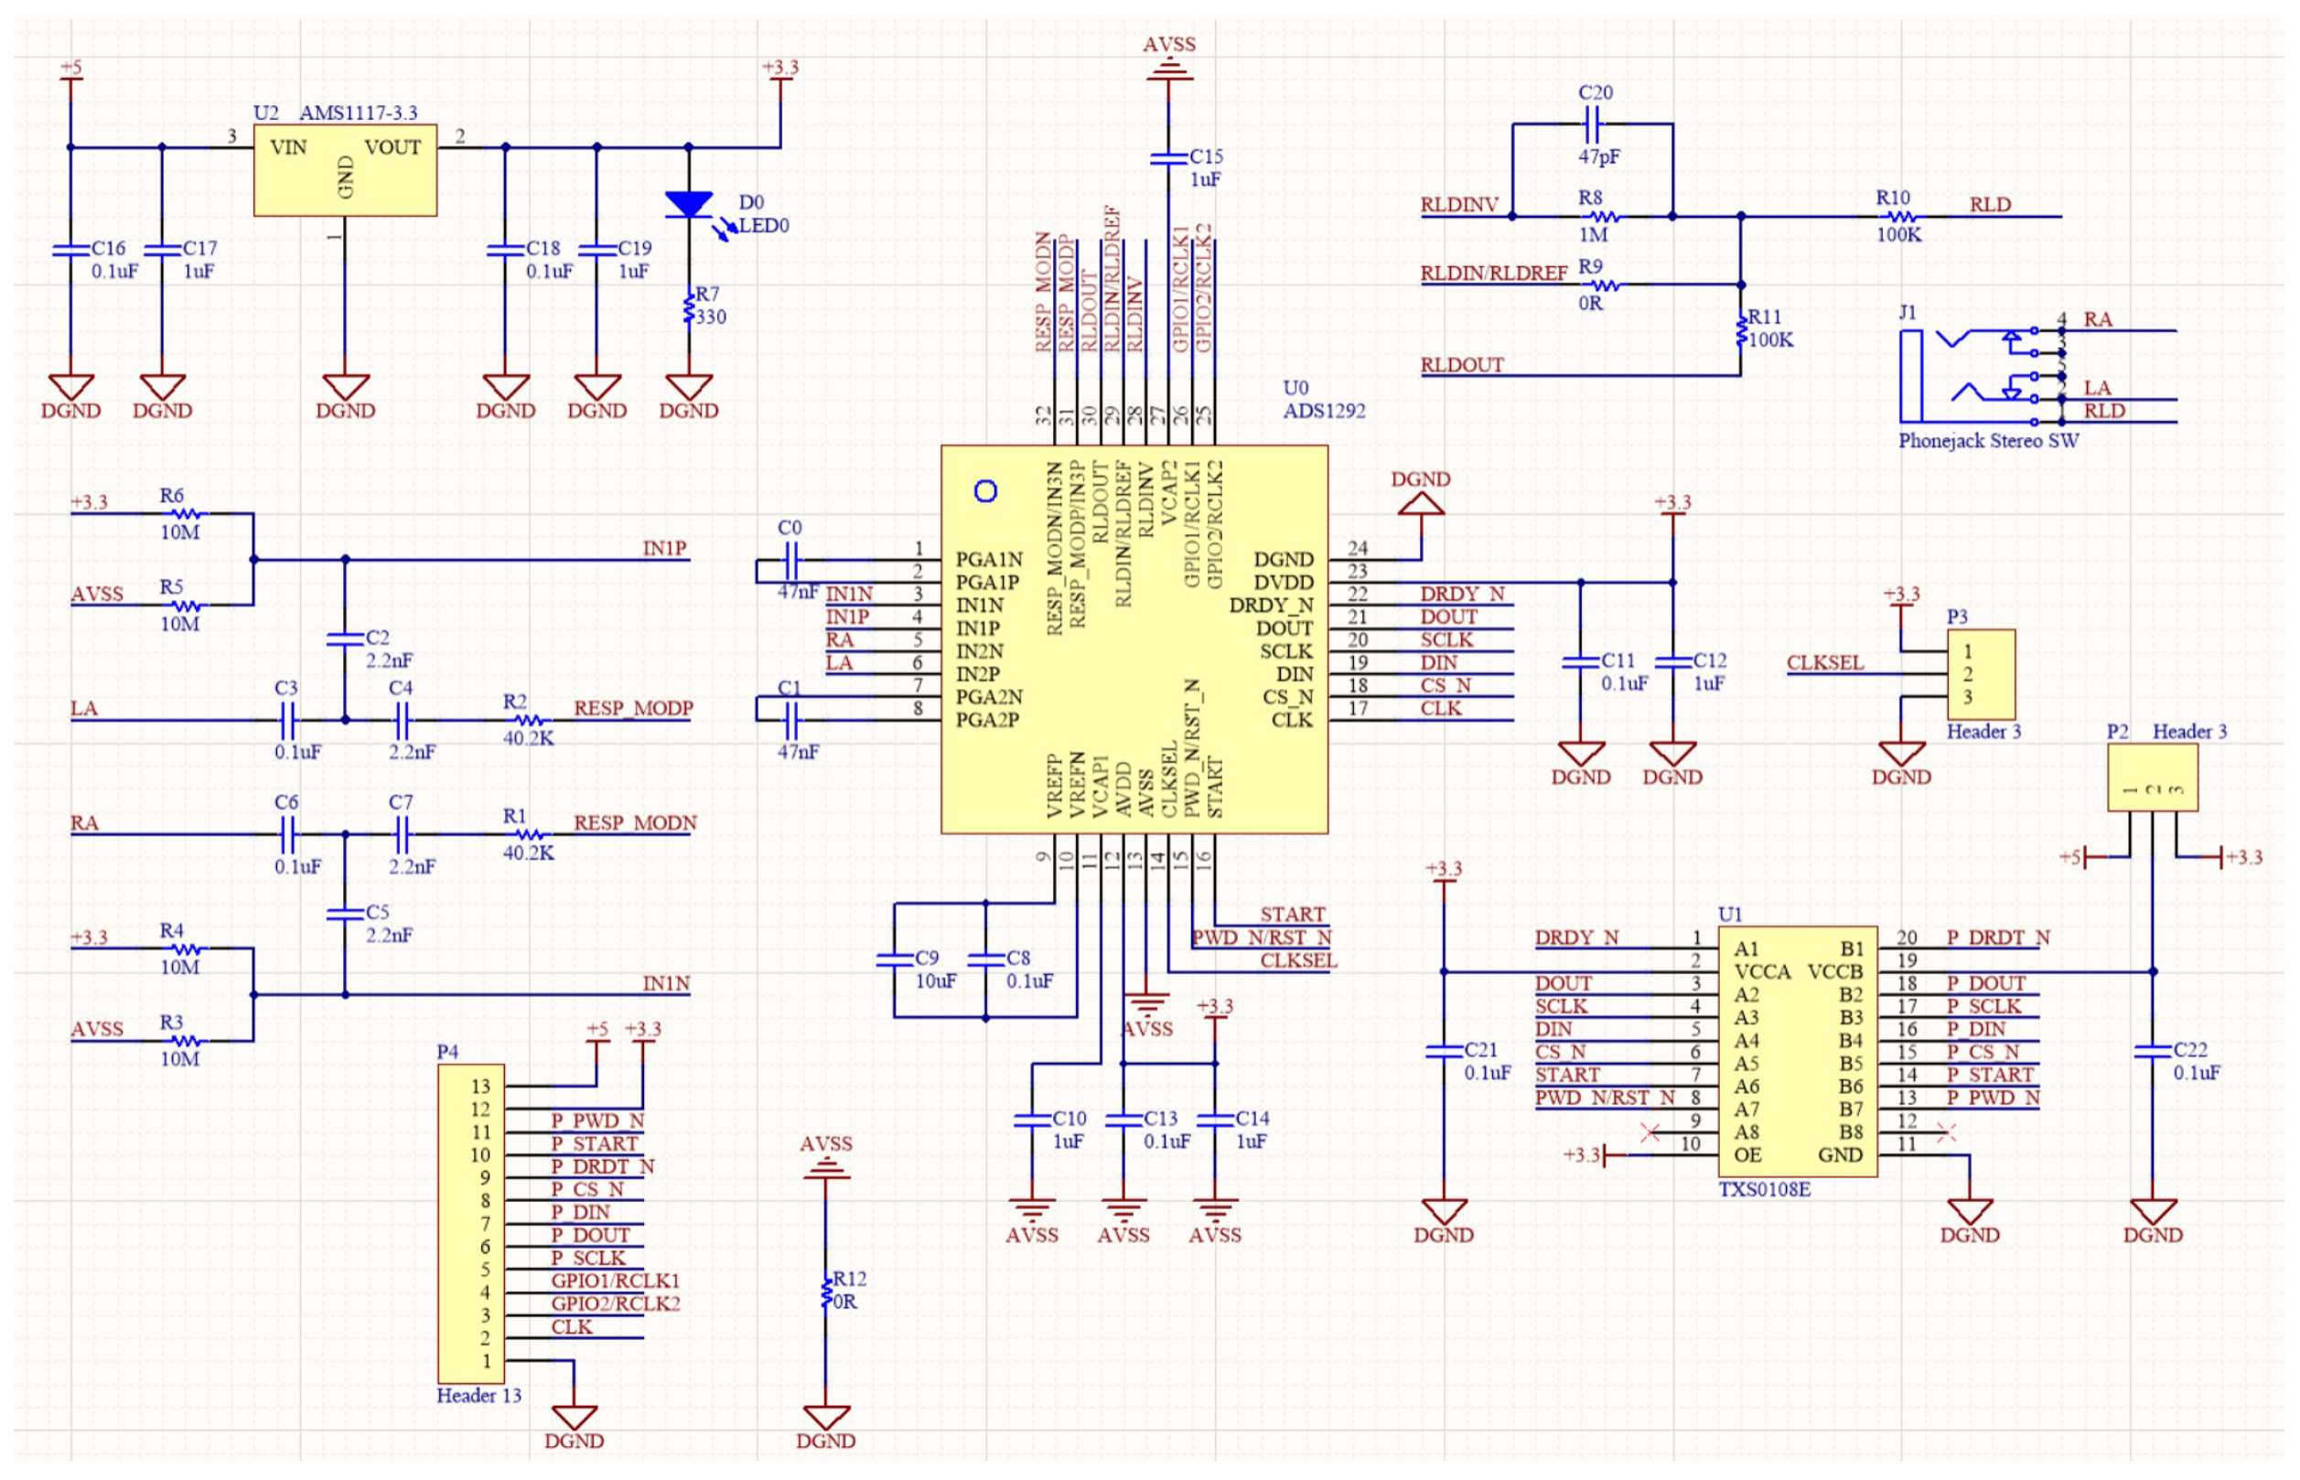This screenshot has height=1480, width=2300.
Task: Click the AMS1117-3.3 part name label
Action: pyautogui.click(x=358, y=113)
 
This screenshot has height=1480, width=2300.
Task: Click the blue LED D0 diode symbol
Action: pyautogui.click(x=688, y=205)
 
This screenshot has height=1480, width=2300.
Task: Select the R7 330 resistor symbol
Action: pyautogui.click(x=688, y=309)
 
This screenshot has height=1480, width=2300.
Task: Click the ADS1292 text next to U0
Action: pyautogui.click(x=1324, y=412)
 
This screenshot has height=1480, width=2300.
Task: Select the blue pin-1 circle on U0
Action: pyautogui.click(x=985, y=492)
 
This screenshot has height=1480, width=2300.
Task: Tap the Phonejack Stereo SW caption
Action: pyautogui.click(x=1987, y=441)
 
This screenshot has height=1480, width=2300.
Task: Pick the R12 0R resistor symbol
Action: pyautogui.click(x=825, y=1292)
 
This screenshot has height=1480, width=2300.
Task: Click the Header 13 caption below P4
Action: pyautogui.click(x=478, y=1397)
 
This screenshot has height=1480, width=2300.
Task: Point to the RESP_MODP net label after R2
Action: pyautogui.click(x=633, y=708)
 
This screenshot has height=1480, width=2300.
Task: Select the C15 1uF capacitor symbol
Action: pyautogui.click(x=1168, y=158)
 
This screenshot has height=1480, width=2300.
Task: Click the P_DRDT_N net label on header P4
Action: pyautogui.click(x=602, y=1166)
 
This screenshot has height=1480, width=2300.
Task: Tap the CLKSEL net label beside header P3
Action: pyautogui.click(x=1823, y=663)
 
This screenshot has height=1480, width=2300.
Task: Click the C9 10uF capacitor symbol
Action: pyautogui.click(x=894, y=960)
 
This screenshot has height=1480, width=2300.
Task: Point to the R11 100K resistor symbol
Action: pyautogui.click(x=1741, y=329)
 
